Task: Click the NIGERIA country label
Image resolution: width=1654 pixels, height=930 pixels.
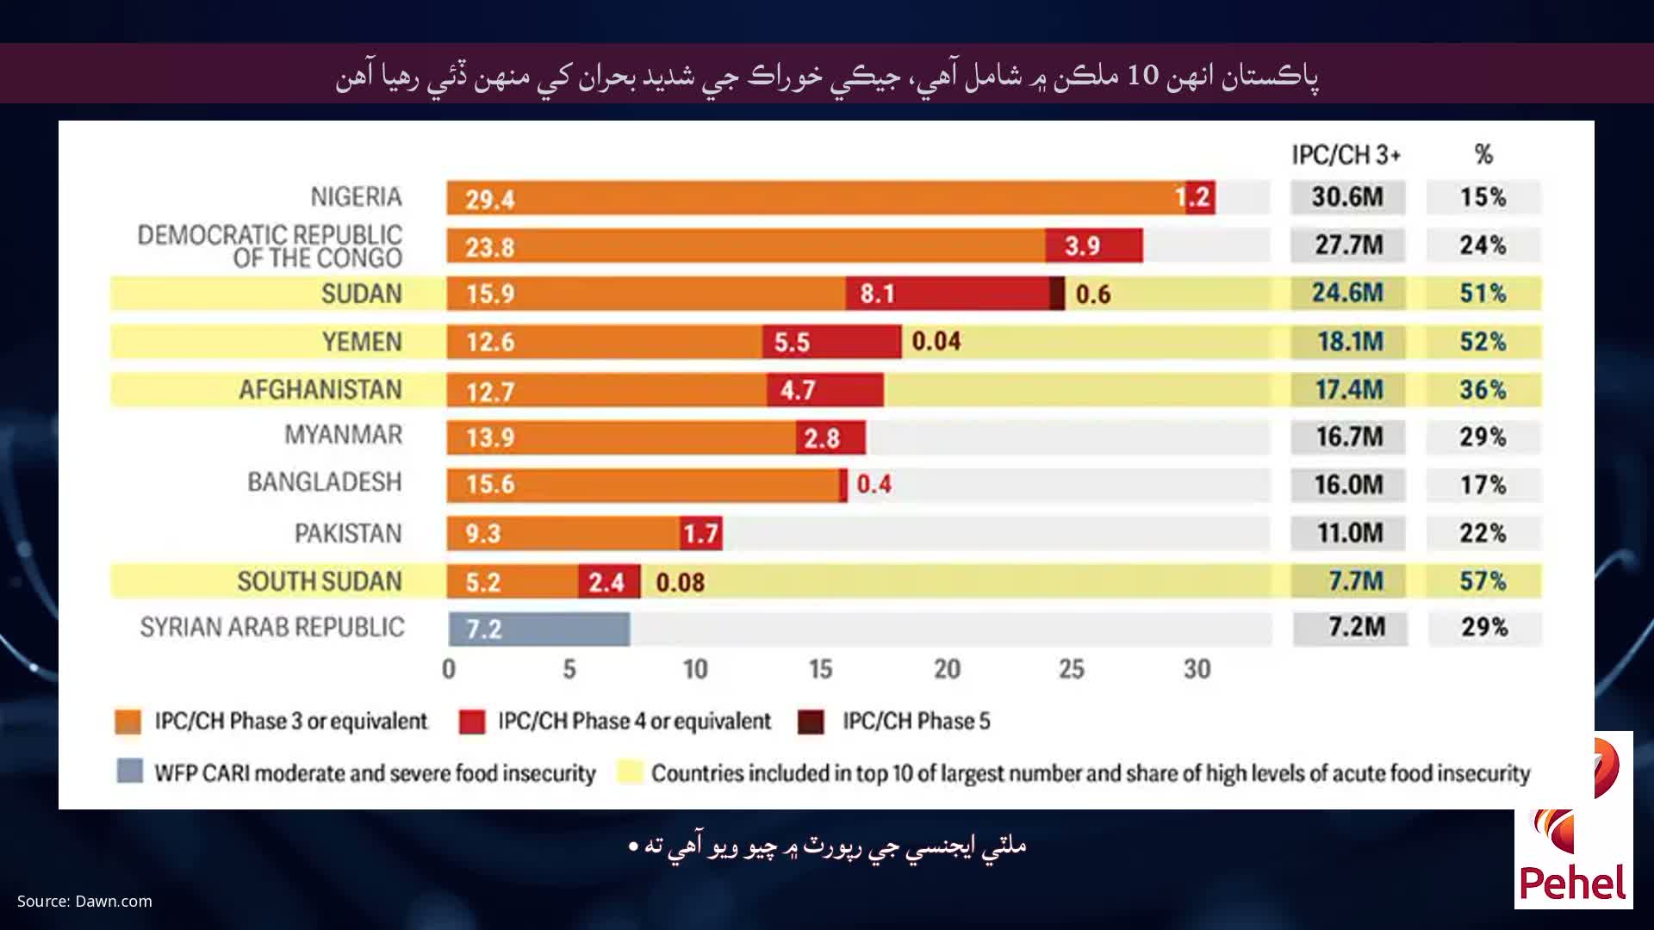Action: point(356,197)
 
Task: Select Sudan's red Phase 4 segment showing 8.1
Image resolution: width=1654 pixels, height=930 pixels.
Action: point(946,294)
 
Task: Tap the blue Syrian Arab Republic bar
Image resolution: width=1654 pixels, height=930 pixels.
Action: point(539,629)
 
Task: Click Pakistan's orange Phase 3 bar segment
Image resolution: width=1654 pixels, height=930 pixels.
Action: point(563,533)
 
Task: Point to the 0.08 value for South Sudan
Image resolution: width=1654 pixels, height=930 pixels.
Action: point(680,582)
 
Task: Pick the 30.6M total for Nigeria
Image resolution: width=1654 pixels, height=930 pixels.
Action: point(1347,197)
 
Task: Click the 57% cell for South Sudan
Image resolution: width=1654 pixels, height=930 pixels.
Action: point(1483,581)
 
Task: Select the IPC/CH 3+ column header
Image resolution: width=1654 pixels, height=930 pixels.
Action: point(1346,155)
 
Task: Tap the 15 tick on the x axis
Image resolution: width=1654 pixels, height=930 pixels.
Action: point(820,669)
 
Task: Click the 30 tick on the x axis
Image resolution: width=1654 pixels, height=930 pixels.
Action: point(1197,669)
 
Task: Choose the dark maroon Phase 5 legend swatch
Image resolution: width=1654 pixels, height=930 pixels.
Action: point(811,722)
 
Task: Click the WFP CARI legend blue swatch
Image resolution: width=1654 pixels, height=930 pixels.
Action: point(129,771)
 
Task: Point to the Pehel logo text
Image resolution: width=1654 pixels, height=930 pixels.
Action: point(1573,883)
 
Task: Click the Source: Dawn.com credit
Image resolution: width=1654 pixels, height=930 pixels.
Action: point(84,902)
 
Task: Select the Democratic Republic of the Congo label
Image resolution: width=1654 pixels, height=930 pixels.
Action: point(270,246)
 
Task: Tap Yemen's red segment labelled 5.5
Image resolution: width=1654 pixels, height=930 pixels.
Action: point(830,342)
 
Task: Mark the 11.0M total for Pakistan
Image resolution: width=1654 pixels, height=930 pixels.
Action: point(1349,533)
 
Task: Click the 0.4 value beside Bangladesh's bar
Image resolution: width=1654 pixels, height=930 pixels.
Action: point(874,484)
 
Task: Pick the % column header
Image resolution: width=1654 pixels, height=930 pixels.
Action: point(1483,155)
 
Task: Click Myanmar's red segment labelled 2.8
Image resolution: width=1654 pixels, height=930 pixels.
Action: point(830,437)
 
